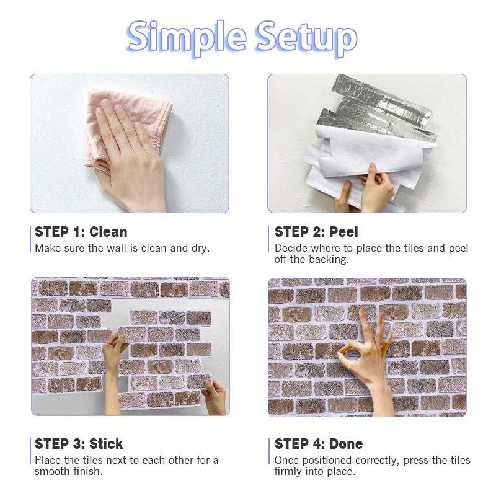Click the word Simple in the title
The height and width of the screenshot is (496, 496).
(187, 38)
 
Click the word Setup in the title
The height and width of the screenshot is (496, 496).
(307, 38)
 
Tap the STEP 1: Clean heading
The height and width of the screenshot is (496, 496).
(81, 232)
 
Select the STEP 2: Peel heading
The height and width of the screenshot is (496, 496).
(316, 232)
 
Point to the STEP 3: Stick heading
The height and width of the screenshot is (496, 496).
(79, 444)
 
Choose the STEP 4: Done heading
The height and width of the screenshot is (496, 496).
(319, 444)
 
